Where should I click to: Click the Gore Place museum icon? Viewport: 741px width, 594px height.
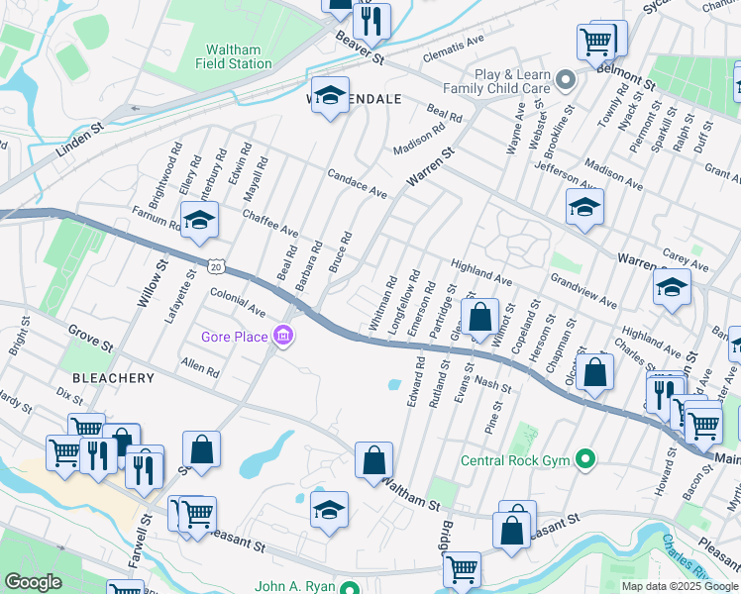click(284, 338)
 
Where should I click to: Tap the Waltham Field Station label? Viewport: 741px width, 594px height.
click(239, 56)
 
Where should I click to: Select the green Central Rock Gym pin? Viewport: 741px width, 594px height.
click(585, 459)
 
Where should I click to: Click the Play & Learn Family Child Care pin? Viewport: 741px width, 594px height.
click(566, 80)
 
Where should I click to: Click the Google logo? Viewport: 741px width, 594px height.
click(34, 582)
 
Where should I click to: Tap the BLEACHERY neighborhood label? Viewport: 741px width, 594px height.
click(112, 378)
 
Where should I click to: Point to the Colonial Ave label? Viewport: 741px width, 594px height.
click(238, 302)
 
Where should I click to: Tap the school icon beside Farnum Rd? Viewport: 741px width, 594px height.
click(199, 221)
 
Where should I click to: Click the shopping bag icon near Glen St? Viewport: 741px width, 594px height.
click(480, 318)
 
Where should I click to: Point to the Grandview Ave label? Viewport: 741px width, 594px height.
click(583, 296)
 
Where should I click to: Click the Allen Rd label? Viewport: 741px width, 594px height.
click(200, 369)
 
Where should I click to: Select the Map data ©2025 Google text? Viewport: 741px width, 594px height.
click(680, 585)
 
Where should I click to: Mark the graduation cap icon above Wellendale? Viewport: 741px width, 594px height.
click(331, 96)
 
